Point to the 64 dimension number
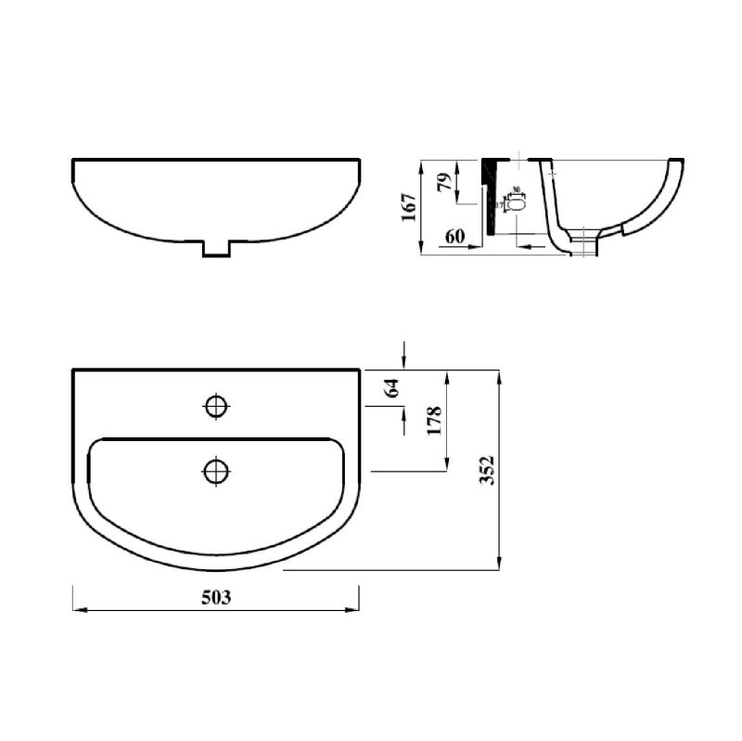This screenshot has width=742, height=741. pyautogui.click(x=392, y=388)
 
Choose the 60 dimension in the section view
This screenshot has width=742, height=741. pyautogui.click(x=454, y=236)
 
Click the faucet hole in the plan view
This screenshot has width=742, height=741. pyautogui.click(x=216, y=406)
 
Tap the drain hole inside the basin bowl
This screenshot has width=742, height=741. pyautogui.click(x=216, y=471)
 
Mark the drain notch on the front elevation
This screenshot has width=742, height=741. pyautogui.click(x=216, y=248)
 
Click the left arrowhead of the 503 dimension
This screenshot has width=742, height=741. pyautogui.click(x=77, y=610)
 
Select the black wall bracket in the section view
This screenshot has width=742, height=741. pyautogui.click(x=488, y=195)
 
